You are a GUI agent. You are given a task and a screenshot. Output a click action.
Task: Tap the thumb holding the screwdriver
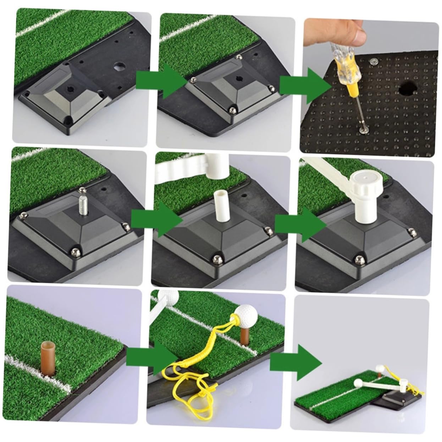click(355, 30)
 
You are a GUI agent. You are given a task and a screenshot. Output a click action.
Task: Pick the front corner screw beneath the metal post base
click(75, 252)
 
